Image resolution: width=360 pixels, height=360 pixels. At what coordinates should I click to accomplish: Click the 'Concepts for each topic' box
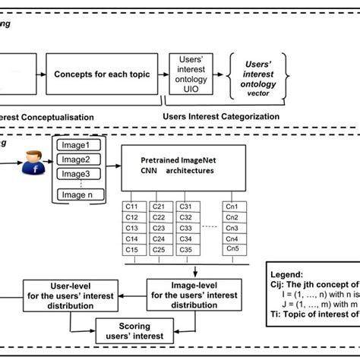coord(100,74)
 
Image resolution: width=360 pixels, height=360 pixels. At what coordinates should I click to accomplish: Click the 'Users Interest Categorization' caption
coord(221,116)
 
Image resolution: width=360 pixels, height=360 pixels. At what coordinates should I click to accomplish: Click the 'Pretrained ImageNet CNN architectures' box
coord(183,166)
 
